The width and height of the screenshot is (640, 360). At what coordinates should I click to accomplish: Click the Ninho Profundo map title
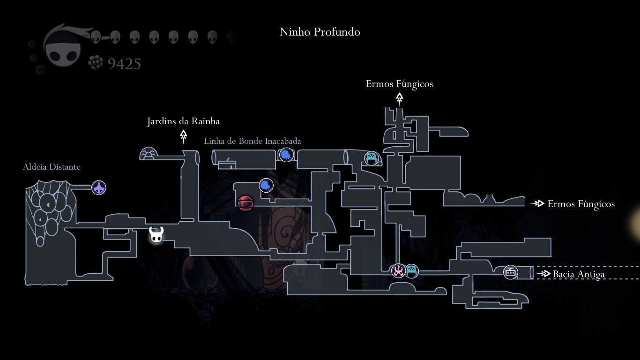click(x=320, y=32)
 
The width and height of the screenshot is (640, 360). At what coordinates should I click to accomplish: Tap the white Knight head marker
click(x=156, y=235)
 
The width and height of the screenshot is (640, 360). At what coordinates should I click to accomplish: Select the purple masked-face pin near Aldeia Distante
click(x=99, y=188)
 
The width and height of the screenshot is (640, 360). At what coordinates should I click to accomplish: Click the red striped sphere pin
click(x=246, y=203)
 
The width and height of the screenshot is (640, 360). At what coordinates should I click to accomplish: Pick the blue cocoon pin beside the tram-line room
click(x=286, y=155)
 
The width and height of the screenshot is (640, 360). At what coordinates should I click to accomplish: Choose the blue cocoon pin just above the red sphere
click(x=266, y=185)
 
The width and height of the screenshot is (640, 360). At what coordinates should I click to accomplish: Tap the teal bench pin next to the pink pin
click(x=411, y=271)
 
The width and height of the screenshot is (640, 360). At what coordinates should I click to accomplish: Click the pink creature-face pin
click(x=399, y=270)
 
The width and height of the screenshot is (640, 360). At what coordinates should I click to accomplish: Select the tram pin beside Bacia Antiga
click(x=511, y=272)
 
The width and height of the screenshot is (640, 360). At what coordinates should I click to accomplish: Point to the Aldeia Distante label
click(x=52, y=167)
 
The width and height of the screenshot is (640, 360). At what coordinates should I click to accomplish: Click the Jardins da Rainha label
click(x=183, y=121)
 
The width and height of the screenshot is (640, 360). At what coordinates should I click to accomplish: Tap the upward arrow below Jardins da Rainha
click(x=184, y=136)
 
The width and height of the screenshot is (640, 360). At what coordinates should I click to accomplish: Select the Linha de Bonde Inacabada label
click(x=252, y=141)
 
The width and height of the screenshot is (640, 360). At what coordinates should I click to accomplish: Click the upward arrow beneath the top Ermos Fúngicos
click(x=399, y=98)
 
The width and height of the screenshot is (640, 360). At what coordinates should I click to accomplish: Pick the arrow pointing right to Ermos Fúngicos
click(x=537, y=203)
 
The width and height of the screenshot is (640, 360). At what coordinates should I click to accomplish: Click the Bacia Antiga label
click(x=579, y=274)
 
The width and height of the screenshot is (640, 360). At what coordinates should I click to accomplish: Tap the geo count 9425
click(x=124, y=64)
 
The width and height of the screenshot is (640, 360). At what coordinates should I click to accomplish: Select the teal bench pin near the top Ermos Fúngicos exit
click(x=372, y=158)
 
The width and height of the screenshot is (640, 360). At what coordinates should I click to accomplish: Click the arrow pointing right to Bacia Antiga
click(x=543, y=274)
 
